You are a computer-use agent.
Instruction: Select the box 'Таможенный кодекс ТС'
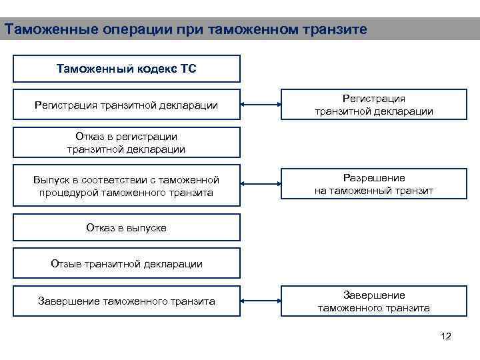click(127, 69)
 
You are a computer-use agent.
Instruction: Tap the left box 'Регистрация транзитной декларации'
click(127, 105)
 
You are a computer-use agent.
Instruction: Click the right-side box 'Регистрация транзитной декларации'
click(374, 105)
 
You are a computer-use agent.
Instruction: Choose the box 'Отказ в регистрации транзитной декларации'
click(127, 143)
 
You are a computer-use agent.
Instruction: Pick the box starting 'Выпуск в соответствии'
click(127, 185)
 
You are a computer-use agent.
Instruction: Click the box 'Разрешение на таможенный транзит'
click(374, 185)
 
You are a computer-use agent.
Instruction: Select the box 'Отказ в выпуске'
click(127, 227)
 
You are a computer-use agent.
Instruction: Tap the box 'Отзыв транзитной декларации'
click(127, 263)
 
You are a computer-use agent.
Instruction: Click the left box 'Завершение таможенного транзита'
click(127, 301)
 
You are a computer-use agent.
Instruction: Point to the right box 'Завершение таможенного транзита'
click(374, 301)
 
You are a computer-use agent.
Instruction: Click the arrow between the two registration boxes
click(261, 105)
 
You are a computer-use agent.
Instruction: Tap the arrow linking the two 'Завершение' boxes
click(261, 301)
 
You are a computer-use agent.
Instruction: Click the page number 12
click(446, 336)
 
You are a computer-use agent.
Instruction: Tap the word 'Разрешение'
click(374, 178)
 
